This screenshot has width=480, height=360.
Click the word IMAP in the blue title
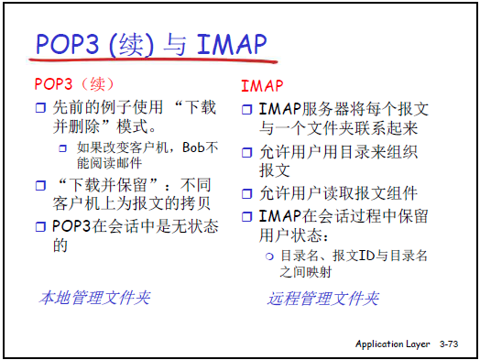(232, 45)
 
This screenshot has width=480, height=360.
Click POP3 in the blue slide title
(68, 45)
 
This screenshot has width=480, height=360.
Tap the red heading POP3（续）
(75, 84)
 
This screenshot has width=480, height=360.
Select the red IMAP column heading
(262, 86)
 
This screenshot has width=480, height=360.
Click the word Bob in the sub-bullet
(193, 147)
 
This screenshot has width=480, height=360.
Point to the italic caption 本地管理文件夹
(94, 298)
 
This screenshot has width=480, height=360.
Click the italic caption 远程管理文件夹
(323, 299)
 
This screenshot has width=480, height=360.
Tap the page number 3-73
(449, 344)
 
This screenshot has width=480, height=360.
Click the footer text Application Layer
(392, 344)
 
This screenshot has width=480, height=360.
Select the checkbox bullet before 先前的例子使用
(40, 108)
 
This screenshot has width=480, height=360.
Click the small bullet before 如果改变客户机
(63, 148)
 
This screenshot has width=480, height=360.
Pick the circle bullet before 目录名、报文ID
(269, 256)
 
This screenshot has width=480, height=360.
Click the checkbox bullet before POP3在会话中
(40, 227)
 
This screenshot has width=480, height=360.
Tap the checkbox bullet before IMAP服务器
(246, 109)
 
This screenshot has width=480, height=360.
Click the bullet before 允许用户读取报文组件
(246, 194)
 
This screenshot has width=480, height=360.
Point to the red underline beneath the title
(153, 60)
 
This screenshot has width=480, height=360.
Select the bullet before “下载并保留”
(40, 186)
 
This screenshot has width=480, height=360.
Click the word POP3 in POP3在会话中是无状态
(71, 226)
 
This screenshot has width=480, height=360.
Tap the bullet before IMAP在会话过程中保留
(246, 217)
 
